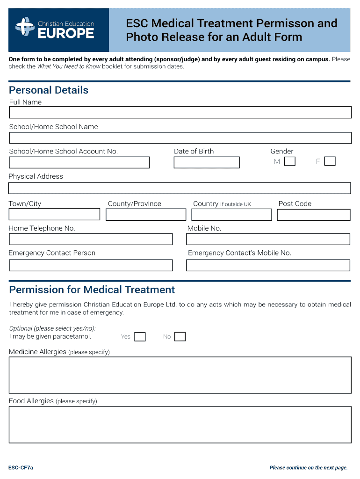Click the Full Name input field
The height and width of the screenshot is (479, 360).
pyautogui.click(x=180, y=113)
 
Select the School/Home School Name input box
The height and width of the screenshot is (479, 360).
pyautogui.click(x=180, y=138)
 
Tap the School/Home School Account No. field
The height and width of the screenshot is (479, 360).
pyautogui.click(x=79, y=162)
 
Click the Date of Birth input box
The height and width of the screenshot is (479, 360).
pyautogui.click(x=206, y=162)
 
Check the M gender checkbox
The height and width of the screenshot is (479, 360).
pyautogui.click(x=290, y=161)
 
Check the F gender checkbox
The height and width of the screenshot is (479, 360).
pyautogui.click(x=330, y=161)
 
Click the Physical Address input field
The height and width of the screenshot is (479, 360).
pyautogui.click(x=180, y=188)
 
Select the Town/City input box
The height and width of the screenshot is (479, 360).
pyautogui.click(x=54, y=214)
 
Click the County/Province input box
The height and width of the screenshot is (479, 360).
pyautogui.click(x=146, y=214)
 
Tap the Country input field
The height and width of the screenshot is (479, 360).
pyautogui.click(x=231, y=214)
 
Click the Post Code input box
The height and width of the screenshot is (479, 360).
pyautogui.click(x=313, y=214)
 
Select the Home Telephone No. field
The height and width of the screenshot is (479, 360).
pyautogui.click(x=91, y=239)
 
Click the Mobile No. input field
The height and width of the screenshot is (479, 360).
pyautogui.click(x=268, y=239)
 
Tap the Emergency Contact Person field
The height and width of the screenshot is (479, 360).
pyautogui.click(x=91, y=265)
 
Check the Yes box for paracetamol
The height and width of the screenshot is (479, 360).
pyautogui.click(x=140, y=337)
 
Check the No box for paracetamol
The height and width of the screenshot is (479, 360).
pyautogui.click(x=180, y=337)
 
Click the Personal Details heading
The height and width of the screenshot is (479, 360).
pyautogui.click(x=49, y=90)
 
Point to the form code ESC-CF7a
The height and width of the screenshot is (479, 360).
pyautogui.click(x=21, y=467)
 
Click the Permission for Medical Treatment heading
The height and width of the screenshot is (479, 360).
pyautogui.click(x=92, y=290)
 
